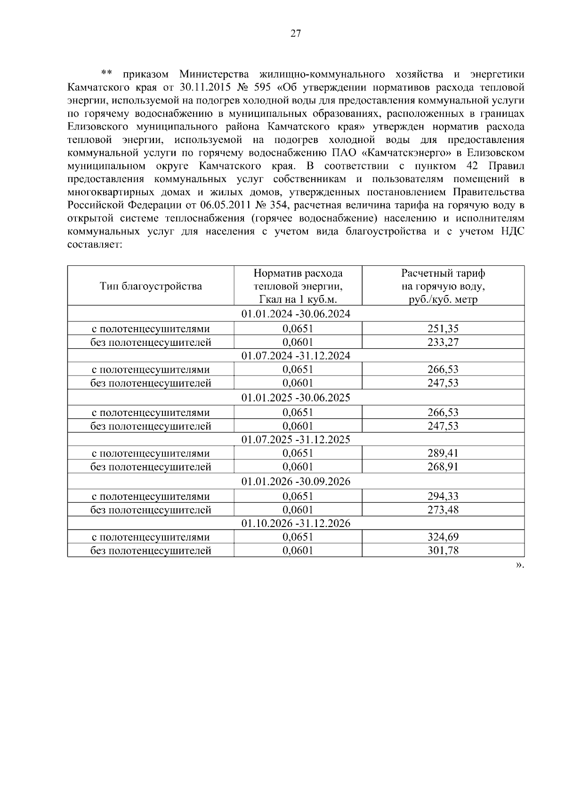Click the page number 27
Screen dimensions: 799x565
pos(296,33)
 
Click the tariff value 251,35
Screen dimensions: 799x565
pos(443,329)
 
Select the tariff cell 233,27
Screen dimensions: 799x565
pos(443,343)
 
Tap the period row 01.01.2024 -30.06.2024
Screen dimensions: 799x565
pos(296,314)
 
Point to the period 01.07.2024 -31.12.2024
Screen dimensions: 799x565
pos(296,356)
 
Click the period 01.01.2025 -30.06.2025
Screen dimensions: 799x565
pos(296,398)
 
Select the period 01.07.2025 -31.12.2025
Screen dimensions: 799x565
pos(296,439)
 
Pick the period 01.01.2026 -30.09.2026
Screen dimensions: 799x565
pos(296,482)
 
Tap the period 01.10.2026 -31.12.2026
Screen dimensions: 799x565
pos(296,523)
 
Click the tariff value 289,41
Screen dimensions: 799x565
pos(443,454)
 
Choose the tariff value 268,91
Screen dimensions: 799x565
pos(443,467)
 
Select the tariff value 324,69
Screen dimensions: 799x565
pos(443,537)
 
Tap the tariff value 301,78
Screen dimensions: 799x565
pos(443,551)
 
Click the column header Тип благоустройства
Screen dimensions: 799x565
pos(151,286)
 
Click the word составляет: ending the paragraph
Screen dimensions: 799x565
pos(95,245)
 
